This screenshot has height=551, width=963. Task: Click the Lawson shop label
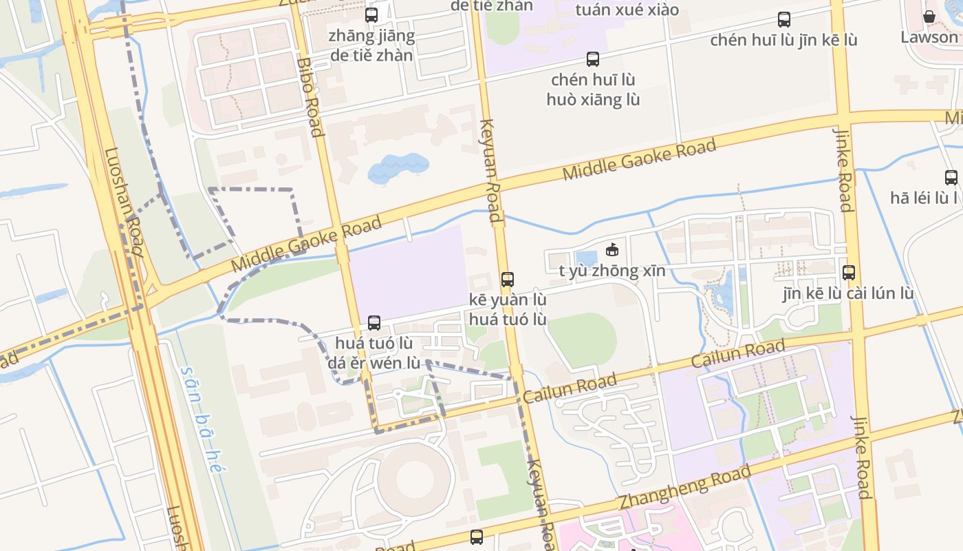929,37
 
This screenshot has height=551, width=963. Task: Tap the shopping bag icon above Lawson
929,17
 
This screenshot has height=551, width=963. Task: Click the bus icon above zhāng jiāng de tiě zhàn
371,14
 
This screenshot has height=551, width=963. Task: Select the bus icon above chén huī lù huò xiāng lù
593,59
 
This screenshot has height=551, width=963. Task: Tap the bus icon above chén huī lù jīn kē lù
783,19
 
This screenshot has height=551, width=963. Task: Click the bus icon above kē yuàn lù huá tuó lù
508,279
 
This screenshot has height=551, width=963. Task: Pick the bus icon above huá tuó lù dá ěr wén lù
374,322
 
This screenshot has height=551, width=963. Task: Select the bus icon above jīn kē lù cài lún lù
849,272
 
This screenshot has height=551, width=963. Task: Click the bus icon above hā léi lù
951,178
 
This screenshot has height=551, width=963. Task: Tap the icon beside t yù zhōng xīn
612,249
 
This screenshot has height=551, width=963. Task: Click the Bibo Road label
310,97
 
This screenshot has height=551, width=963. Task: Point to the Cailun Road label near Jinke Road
737,353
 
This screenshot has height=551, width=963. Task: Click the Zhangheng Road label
684,488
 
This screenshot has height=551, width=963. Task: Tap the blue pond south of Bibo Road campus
398,167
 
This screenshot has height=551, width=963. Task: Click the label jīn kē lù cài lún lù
848,293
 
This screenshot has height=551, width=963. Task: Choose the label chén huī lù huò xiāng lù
593,90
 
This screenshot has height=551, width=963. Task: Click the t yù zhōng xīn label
612,271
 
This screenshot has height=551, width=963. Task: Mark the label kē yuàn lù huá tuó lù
508,309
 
